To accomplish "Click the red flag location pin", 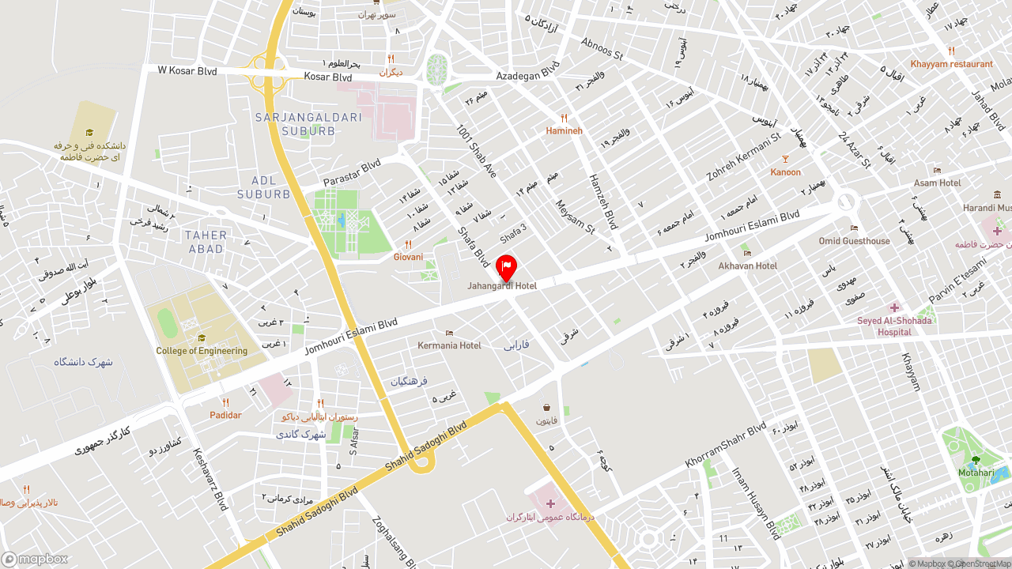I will pyautogui.click(x=506, y=267).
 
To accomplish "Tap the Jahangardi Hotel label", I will pyautogui.click(x=502, y=286).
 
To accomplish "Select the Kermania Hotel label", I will pyautogui.click(x=449, y=345).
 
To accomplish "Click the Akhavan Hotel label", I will pyautogui.click(x=748, y=266).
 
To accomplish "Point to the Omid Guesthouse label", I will pyautogui.click(x=854, y=241).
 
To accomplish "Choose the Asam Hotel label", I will pyautogui.click(x=938, y=183).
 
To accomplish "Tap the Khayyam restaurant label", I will pyautogui.click(x=951, y=64).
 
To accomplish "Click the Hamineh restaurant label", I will pyautogui.click(x=564, y=130).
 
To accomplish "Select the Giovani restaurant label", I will pyautogui.click(x=408, y=257).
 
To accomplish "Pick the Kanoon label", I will pyautogui.click(x=785, y=171).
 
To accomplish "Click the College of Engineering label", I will pyautogui.click(x=202, y=351).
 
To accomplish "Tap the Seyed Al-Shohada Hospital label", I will pyautogui.click(x=894, y=326).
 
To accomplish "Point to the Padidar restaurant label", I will pyautogui.click(x=225, y=415).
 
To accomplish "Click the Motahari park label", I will pyautogui.click(x=976, y=473).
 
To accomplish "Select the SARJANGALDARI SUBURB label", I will pyautogui.click(x=308, y=124).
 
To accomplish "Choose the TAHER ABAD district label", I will pyautogui.click(x=206, y=242).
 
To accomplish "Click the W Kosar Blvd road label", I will pyautogui.click(x=187, y=71).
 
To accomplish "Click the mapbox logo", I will pyautogui.click(x=35, y=560).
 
